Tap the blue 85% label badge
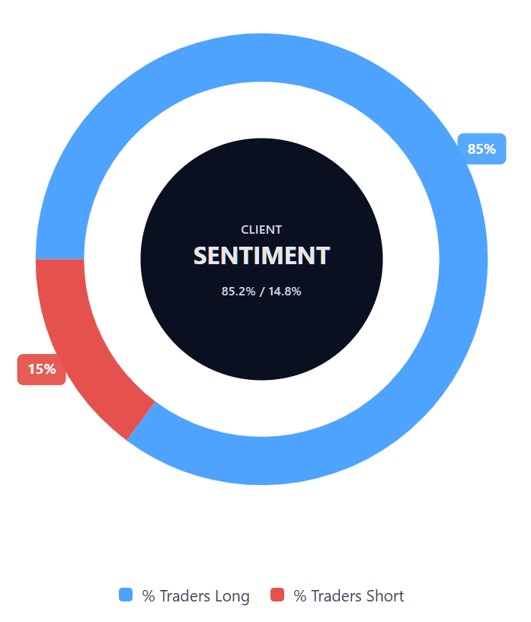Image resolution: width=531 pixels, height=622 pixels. pyautogui.click(x=481, y=149)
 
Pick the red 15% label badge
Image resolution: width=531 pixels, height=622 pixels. pyautogui.click(x=42, y=369)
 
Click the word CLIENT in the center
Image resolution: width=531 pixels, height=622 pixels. pyautogui.click(x=261, y=229)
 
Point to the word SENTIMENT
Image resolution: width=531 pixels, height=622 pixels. pyautogui.click(x=261, y=256)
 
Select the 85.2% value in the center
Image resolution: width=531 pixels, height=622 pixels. pyautogui.click(x=238, y=291)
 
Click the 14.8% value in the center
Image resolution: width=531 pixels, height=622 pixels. pyautogui.click(x=285, y=291)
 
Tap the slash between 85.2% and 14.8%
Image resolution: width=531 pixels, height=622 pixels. pyautogui.click(x=261, y=291)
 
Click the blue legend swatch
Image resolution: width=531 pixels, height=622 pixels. pyautogui.click(x=126, y=595)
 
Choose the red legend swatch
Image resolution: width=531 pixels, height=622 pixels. pyautogui.click(x=277, y=595)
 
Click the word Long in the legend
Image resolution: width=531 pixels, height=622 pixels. pyautogui.click(x=232, y=596)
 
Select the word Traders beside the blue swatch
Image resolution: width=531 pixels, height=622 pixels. pyautogui.click(x=184, y=596)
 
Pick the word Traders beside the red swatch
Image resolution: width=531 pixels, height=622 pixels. pyautogui.click(x=335, y=596)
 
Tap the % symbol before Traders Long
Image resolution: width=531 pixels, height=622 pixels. pyautogui.click(x=149, y=596)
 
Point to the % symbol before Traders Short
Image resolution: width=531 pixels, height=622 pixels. pyautogui.click(x=299, y=596)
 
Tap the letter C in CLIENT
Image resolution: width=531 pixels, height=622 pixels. pyautogui.click(x=245, y=229)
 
